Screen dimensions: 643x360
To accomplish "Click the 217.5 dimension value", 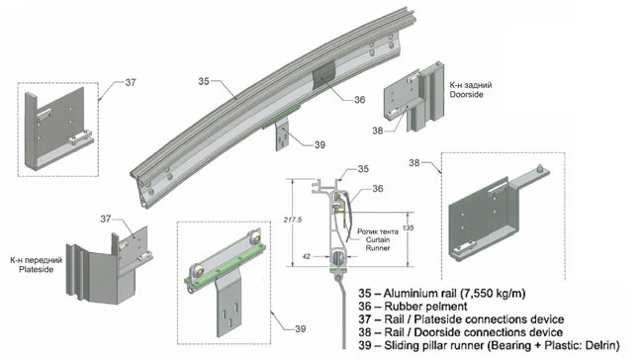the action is point(293,220).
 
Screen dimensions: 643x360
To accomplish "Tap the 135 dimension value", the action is point(408,227).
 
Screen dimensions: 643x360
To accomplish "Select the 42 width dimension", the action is point(307,257).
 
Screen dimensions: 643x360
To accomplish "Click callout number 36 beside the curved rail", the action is point(360,100).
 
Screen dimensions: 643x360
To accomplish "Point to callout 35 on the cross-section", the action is point(363,168).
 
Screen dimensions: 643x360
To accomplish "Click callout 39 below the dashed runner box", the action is point(301,328).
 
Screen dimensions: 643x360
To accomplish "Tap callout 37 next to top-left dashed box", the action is point(131,82).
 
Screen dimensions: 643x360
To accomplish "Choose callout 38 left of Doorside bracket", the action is point(378,131).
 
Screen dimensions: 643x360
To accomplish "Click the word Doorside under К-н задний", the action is point(467,94).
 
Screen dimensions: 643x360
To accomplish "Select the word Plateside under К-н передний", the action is point(36,269).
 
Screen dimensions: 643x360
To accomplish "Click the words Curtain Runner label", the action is point(378,244).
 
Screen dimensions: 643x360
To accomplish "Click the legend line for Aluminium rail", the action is point(442,293).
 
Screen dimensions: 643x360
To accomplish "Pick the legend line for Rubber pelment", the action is point(413,307).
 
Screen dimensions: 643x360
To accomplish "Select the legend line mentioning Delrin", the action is point(489,345).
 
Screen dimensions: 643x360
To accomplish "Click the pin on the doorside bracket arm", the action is point(540,167).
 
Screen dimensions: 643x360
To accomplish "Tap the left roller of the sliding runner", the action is point(197,272).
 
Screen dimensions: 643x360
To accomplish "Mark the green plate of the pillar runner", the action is point(226,263).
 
